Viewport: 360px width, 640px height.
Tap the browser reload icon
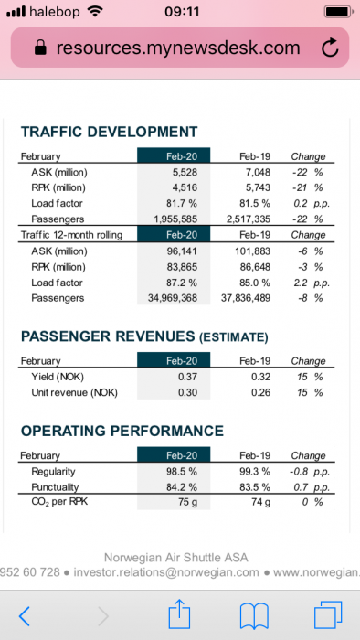click(x=330, y=48)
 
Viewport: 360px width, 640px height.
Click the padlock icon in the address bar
click(x=40, y=48)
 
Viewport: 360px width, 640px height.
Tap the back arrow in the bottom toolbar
click(x=25, y=616)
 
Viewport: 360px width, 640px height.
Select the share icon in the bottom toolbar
click(x=179, y=613)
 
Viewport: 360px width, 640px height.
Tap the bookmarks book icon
click(x=254, y=616)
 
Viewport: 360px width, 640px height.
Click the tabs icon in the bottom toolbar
click(x=327, y=615)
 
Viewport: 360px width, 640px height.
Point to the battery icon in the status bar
click(x=338, y=11)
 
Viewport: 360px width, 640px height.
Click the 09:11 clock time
click(x=182, y=11)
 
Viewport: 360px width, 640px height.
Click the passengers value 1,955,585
click(x=175, y=219)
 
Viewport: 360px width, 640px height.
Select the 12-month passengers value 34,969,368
click(x=173, y=298)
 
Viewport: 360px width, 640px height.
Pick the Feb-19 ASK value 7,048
click(x=259, y=172)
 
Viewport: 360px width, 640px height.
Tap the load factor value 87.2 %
click(x=182, y=283)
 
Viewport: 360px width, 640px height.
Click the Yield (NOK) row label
click(x=58, y=377)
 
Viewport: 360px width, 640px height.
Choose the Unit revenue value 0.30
click(x=187, y=392)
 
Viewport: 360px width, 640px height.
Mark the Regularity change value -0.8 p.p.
click(x=310, y=472)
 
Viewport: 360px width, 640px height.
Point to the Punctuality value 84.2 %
click(x=182, y=487)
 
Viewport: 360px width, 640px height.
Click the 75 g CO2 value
click(x=187, y=502)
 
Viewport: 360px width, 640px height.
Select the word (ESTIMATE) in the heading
click(x=233, y=337)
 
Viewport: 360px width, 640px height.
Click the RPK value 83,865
click(x=182, y=267)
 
